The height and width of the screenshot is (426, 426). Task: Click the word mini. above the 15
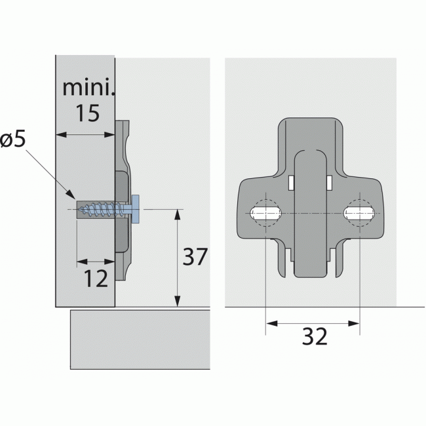88,87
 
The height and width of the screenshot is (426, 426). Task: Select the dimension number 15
87,113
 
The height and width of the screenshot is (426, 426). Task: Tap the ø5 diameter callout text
12,140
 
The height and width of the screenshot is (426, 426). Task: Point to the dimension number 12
96,279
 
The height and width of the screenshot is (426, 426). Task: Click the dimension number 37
195,257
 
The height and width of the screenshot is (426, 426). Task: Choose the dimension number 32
315,336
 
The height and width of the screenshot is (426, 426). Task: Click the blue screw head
135,209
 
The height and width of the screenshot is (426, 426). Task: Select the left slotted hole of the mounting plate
265,213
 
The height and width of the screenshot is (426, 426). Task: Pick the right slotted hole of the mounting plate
359,213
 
